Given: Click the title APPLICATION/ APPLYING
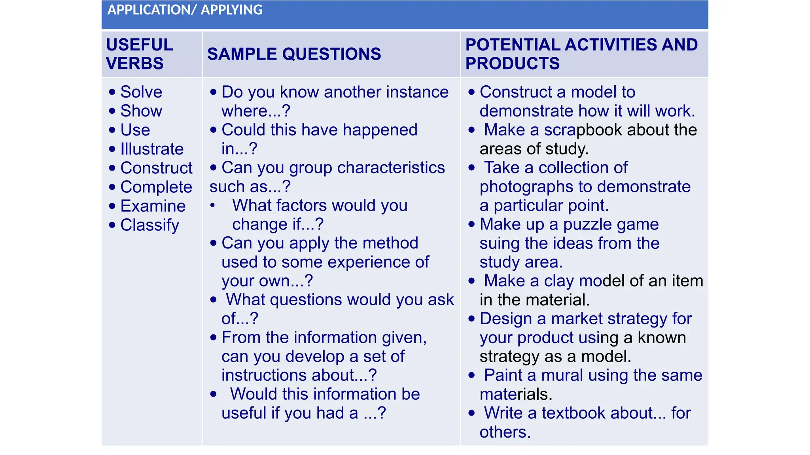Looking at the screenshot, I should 185,10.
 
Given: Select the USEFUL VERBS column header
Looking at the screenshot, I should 139,54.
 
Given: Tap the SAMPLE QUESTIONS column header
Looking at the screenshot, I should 294,54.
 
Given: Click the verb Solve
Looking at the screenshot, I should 141,92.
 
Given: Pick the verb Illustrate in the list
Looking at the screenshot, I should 152,149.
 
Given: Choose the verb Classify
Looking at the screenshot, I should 150,225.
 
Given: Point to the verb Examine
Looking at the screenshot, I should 153,206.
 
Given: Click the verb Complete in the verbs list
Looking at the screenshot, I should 156,187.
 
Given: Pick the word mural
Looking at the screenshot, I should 562,375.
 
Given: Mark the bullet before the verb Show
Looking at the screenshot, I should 112,111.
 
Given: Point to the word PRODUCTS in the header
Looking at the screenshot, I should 512,64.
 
